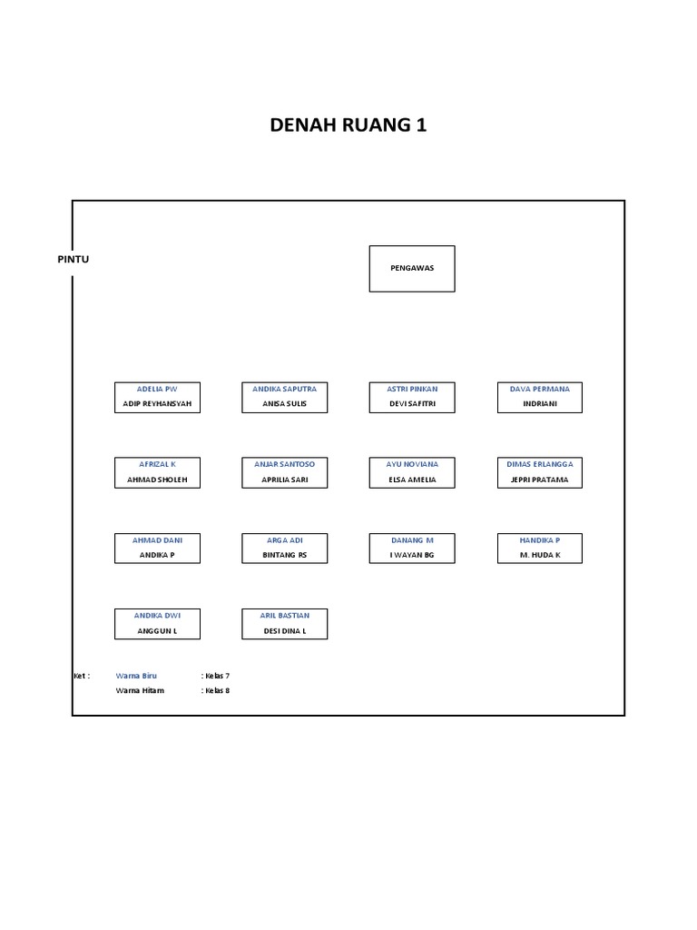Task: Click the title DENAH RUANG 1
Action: click(x=348, y=125)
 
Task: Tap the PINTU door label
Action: click(x=73, y=259)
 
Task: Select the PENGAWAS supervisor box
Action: click(x=411, y=268)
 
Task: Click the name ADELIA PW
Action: click(x=157, y=389)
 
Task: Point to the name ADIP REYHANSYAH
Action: click(x=157, y=404)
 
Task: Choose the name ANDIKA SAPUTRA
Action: click(x=284, y=389)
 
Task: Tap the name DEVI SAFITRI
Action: click(x=411, y=404)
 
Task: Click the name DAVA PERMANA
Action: click(x=539, y=389)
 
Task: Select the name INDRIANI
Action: click(x=539, y=404)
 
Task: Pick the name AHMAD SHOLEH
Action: click(x=157, y=480)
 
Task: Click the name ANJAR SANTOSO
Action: click(x=284, y=464)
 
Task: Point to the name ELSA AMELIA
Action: click(x=411, y=480)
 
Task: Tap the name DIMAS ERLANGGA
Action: click(x=539, y=464)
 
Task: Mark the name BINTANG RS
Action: click(x=284, y=555)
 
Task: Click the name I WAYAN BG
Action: click(x=411, y=555)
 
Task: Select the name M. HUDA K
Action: click(x=539, y=555)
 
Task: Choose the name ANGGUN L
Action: click(x=157, y=631)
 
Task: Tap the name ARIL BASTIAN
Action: click(x=284, y=616)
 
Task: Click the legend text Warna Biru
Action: click(x=136, y=676)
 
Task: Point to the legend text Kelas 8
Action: click(x=217, y=691)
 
